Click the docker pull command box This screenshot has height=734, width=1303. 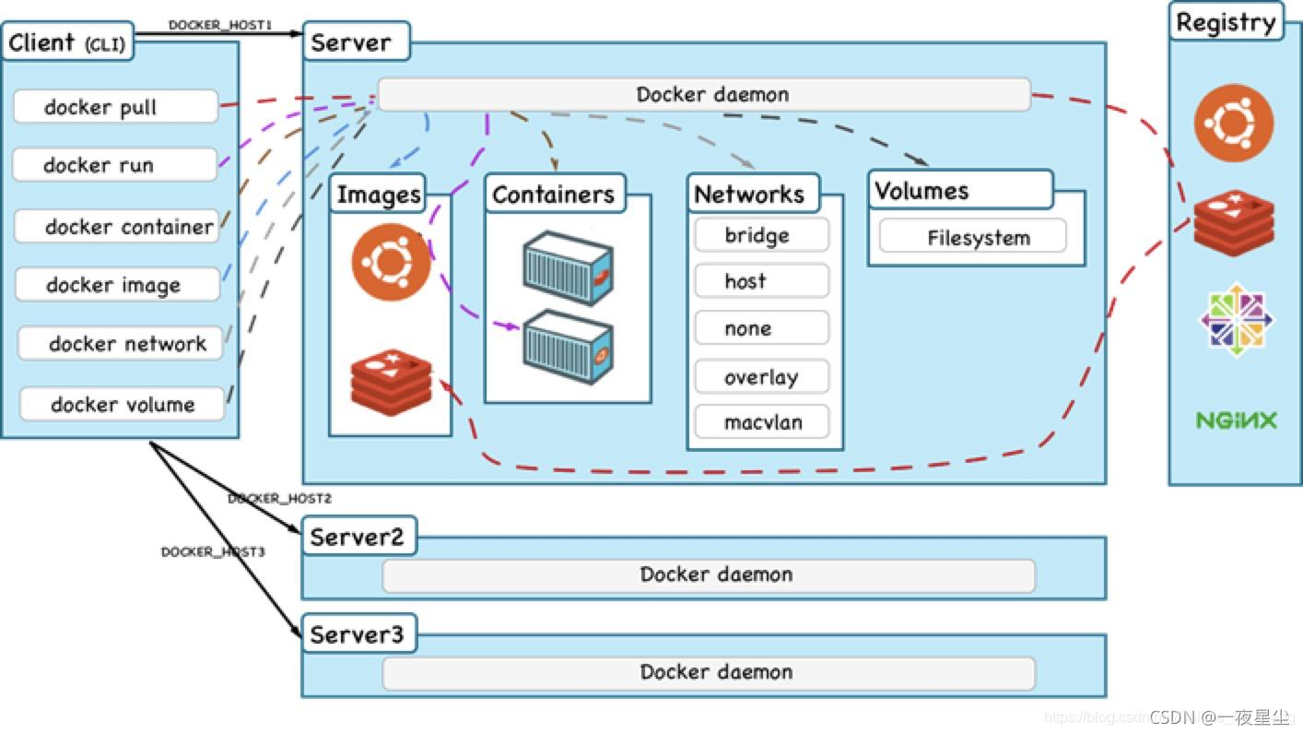click(x=115, y=107)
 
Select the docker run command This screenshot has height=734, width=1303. click(x=114, y=165)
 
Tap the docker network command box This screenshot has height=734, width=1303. click(x=121, y=344)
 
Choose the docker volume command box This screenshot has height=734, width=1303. click(x=123, y=404)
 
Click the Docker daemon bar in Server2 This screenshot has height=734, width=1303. click(x=709, y=575)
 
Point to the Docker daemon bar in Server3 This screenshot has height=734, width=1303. click(x=709, y=672)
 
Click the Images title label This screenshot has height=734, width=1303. click(x=379, y=195)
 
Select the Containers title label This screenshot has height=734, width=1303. click(x=554, y=195)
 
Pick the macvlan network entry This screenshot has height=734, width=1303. click(x=761, y=422)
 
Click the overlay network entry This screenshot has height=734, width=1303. click(x=761, y=377)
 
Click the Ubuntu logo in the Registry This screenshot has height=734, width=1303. click(x=1234, y=123)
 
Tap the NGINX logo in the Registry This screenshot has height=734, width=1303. click(x=1236, y=420)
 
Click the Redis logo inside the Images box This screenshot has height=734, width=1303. click(x=392, y=382)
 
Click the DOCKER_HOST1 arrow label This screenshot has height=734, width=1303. click(x=219, y=25)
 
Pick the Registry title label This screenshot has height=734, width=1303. click(x=1227, y=23)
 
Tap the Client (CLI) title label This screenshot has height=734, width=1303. click(x=67, y=42)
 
